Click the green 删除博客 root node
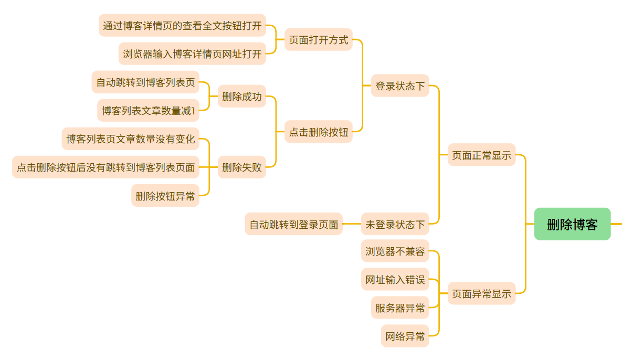[x=572, y=224]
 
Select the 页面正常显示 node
[x=481, y=155]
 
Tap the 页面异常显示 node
[x=481, y=293]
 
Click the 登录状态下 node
[x=400, y=86]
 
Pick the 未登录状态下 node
[x=395, y=224]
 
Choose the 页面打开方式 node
[x=318, y=39]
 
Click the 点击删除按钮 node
[x=318, y=132]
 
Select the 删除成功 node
[x=241, y=96]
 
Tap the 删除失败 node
[x=241, y=167]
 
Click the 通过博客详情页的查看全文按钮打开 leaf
[x=182, y=25]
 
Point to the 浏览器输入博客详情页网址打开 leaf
[x=192, y=54]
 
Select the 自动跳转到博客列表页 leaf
[x=145, y=82]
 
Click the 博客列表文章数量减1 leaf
[x=149, y=110]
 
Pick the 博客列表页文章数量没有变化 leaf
[x=130, y=139]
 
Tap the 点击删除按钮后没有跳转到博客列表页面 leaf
[x=106, y=167]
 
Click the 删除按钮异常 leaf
[x=165, y=196]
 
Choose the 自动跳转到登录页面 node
[x=293, y=224]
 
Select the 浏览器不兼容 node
[x=395, y=251]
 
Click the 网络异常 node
[x=405, y=336]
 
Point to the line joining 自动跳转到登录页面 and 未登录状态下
[x=352, y=224]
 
